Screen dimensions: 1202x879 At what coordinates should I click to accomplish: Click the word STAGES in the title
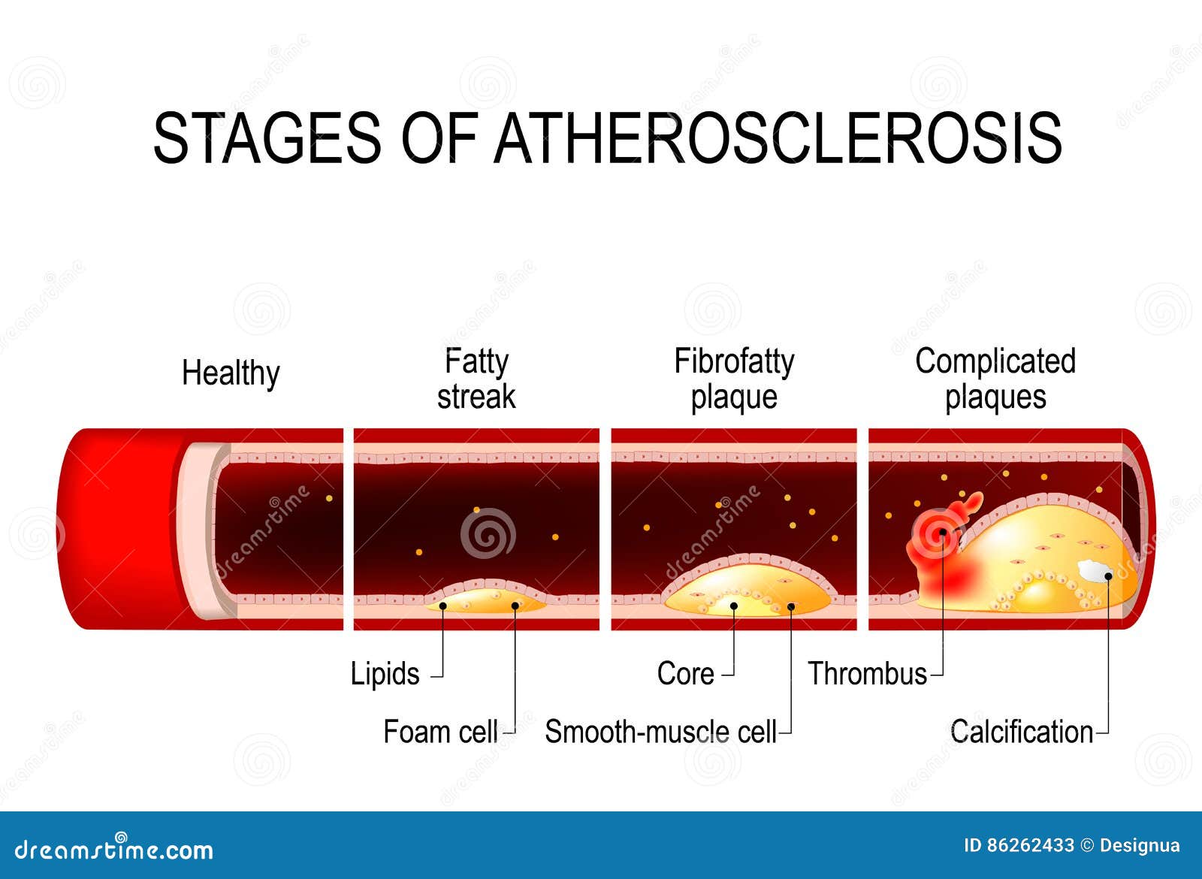(x=267, y=138)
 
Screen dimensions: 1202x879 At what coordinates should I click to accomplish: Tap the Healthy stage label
(x=231, y=374)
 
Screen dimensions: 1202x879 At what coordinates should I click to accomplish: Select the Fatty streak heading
(x=476, y=379)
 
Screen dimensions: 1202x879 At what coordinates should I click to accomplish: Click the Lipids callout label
(x=385, y=673)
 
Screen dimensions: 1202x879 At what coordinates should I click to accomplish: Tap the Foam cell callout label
(x=440, y=732)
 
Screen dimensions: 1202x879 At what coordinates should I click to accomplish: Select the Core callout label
(x=685, y=673)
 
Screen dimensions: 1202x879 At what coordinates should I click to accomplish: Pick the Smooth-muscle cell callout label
(x=660, y=732)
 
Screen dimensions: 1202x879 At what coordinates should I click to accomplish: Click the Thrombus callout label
(x=867, y=673)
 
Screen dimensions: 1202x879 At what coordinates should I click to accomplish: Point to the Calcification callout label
(x=1022, y=732)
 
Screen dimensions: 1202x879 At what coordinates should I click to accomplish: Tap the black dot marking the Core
(x=734, y=606)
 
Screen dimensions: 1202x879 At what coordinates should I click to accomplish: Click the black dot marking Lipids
(x=443, y=606)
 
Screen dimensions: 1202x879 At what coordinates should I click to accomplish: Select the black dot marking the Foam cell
(x=515, y=606)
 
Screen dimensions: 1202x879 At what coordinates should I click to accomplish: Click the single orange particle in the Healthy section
(x=329, y=499)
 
